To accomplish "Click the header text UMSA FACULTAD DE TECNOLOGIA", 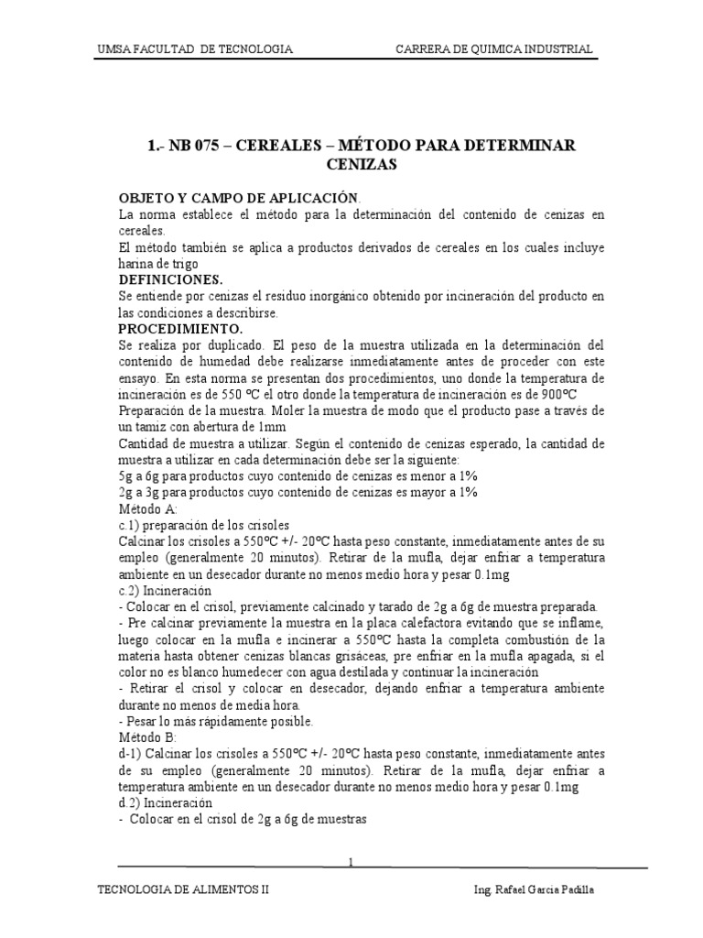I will pos(194,49).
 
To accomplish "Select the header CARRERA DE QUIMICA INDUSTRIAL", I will pos(493,49).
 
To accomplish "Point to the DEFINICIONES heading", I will pos(171,279).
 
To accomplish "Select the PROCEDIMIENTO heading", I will pos(180,328).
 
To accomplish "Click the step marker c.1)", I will pos(132,525).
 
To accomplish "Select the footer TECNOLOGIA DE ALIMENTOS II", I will pos(182,889).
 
